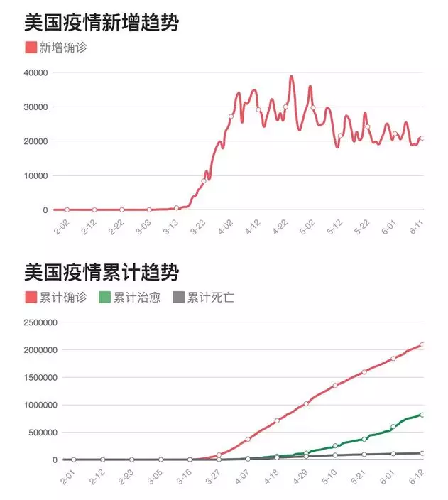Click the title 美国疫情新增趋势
point(102,23)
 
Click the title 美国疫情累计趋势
point(102,272)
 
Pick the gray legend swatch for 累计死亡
point(180,297)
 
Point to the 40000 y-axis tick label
point(35,72)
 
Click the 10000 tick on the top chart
point(35,175)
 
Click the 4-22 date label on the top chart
point(280,229)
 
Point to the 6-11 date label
point(417,229)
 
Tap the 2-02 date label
point(62,229)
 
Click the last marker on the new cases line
point(422,138)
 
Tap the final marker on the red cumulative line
point(422,345)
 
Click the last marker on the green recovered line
point(422,415)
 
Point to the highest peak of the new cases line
point(291,76)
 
